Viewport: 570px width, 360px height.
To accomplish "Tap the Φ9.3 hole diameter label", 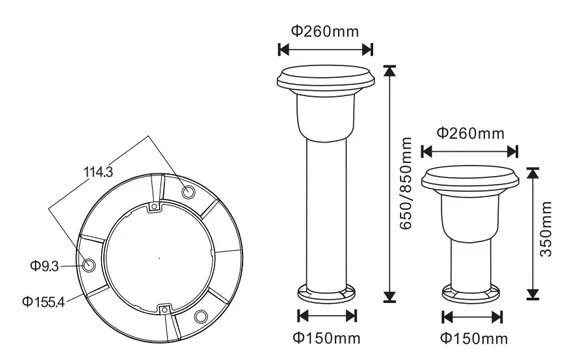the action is (44, 266).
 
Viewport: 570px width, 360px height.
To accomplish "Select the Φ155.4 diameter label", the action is (43, 301).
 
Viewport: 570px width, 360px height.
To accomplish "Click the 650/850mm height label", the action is (406, 183).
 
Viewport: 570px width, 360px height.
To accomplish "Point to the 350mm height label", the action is (546, 229).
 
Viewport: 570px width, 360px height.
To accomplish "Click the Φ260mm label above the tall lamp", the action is (325, 31).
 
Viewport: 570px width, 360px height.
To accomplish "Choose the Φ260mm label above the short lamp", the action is (470, 133).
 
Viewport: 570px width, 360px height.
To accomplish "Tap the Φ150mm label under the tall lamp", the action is (326, 338).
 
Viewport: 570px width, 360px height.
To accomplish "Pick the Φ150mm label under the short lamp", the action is (474, 339).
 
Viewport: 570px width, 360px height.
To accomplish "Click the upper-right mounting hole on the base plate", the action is (188, 191).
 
